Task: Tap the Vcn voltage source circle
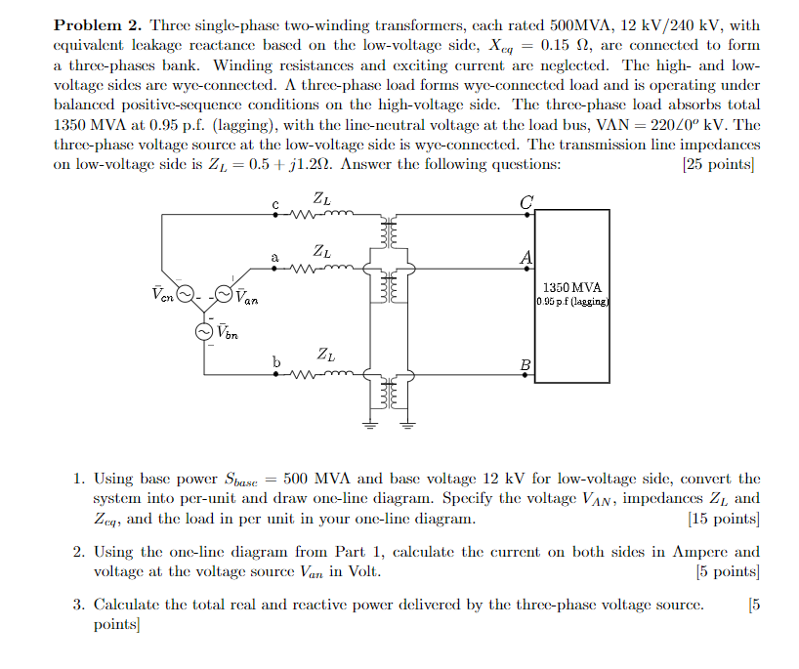pyautogui.click(x=184, y=293)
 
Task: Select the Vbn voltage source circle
pyautogui.click(x=204, y=332)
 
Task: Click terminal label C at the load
pyautogui.click(x=527, y=202)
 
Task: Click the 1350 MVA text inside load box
pyautogui.click(x=572, y=288)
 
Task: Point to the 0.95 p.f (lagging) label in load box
pyautogui.click(x=572, y=302)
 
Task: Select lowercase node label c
pyautogui.click(x=276, y=204)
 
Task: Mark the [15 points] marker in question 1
pyautogui.click(x=723, y=519)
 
